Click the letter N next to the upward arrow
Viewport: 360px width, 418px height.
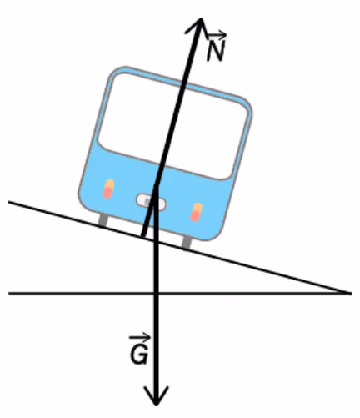215,51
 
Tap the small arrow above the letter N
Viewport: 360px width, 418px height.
216,35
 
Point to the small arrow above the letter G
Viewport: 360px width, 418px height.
140,338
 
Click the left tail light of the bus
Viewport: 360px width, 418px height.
108,189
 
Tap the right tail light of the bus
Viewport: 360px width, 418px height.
196,213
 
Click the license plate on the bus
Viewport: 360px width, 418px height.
151,202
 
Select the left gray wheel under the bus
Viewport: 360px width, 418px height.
103,219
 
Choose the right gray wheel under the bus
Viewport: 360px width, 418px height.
187,242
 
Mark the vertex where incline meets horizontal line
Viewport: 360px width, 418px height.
351,293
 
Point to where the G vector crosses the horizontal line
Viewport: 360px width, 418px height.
156,293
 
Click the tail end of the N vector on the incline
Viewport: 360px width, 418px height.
143,236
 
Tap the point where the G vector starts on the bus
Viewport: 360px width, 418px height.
156,185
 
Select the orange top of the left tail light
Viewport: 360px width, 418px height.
110,184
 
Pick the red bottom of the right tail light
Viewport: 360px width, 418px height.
195,216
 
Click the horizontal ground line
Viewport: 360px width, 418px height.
180,293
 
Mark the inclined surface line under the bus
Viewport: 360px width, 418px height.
179,247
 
